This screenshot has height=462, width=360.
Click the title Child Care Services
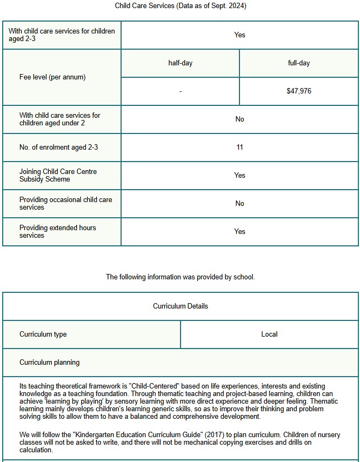pos(180,5)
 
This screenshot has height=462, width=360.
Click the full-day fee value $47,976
pos(299,91)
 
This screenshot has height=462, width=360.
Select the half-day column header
pos(180,63)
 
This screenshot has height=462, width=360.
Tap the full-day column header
pos(299,63)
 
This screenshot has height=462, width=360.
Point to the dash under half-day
pos(180,91)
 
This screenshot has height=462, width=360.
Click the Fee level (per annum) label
pos(52,77)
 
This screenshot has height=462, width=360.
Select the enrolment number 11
pos(239,148)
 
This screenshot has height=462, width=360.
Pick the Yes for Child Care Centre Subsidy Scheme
pos(239,176)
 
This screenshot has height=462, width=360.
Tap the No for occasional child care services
pos(239,204)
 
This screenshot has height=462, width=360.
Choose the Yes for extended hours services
pos(239,232)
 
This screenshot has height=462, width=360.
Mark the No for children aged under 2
pos(239,119)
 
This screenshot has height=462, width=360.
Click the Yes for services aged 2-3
pos(239,35)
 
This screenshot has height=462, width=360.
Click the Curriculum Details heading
pos(180,306)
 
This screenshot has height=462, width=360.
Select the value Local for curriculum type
pos(269,334)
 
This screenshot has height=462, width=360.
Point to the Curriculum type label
pos(43,334)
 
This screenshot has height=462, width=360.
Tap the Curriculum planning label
pos(49,363)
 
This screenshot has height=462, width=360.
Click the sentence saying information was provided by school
pos(180,277)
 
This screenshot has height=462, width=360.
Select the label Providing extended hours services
pos(58,232)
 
